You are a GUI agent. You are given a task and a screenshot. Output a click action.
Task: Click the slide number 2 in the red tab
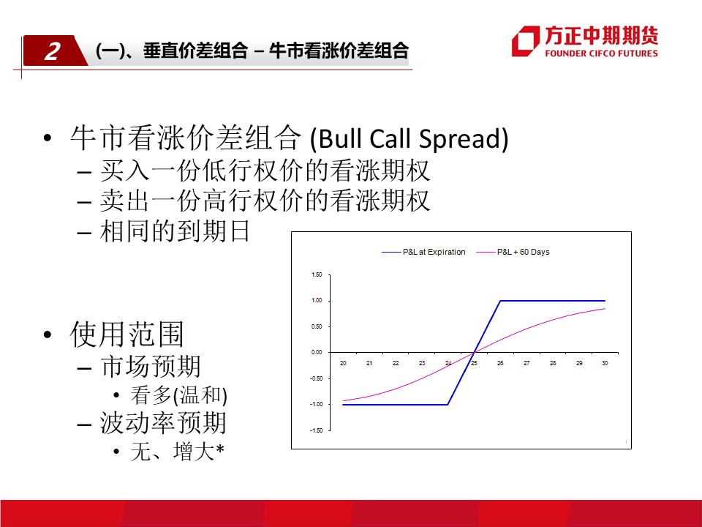point(53,51)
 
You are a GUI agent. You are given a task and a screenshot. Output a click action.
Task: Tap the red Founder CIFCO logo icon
point(526,41)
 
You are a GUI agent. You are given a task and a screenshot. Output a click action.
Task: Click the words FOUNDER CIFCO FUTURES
point(601,53)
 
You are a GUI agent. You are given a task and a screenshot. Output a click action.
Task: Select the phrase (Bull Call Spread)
point(409,138)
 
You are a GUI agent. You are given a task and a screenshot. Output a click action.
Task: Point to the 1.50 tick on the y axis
point(317,274)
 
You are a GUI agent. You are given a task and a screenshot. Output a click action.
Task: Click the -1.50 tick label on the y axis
point(316,430)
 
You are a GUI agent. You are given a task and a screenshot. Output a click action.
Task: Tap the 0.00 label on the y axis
point(317,352)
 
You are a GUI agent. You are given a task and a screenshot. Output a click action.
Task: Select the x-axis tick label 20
point(343,363)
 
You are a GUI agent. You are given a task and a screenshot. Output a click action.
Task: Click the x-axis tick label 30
point(605,363)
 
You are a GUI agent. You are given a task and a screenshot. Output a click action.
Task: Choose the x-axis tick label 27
point(526,363)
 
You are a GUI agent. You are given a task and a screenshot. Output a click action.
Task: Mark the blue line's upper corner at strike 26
point(500,301)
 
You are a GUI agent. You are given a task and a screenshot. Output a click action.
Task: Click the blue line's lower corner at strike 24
point(448,405)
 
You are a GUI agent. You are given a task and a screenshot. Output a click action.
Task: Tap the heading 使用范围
point(127,334)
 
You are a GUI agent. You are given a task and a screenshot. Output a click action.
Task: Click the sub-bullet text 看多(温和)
point(178,395)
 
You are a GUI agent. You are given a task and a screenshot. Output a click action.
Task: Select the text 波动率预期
point(163,423)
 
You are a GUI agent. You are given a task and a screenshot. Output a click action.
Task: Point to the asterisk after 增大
point(220,447)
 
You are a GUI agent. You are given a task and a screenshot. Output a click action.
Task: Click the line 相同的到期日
point(175,231)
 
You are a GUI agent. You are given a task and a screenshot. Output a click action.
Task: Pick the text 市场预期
point(151,366)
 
